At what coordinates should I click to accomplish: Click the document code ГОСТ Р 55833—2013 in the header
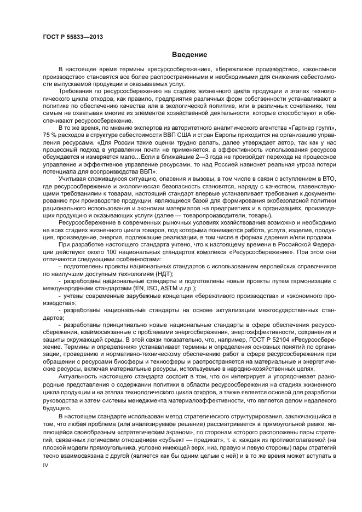click(x=73, y=37)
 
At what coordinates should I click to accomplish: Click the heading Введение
click(x=188, y=55)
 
